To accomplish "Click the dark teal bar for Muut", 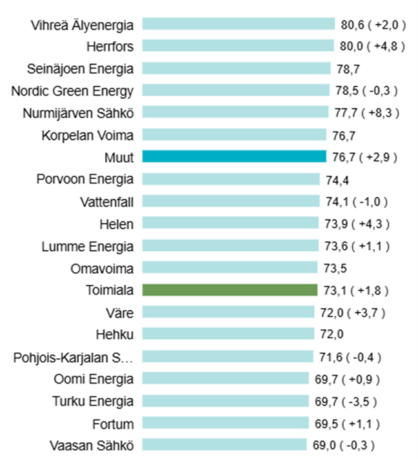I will click(x=234, y=156).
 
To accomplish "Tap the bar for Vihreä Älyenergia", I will click(x=238, y=25).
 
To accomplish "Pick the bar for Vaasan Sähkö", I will click(x=224, y=445).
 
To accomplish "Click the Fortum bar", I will click(x=225, y=423).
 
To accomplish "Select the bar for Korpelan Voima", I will click(x=234, y=134).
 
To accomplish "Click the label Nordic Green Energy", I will click(x=72, y=90).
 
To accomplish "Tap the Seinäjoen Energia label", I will click(x=81, y=68).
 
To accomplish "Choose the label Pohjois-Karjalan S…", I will click(x=74, y=357).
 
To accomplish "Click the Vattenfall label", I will click(x=107, y=201).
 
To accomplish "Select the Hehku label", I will click(x=114, y=334).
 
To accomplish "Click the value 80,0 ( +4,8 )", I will click(x=369, y=46).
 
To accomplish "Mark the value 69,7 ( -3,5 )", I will click(x=346, y=401).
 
